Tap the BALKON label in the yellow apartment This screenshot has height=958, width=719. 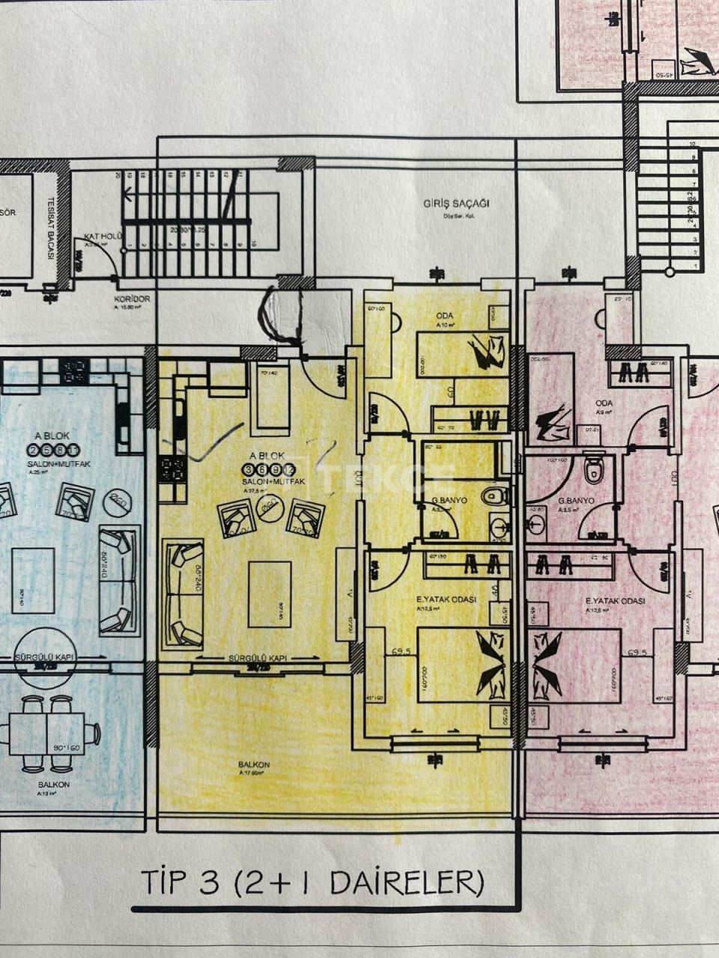click(x=255, y=764)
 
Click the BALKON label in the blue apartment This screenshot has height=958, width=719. click(x=54, y=784)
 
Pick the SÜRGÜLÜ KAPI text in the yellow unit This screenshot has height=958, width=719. click(x=258, y=658)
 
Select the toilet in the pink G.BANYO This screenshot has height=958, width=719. click(x=595, y=469)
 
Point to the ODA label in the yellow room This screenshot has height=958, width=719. click(x=445, y=316)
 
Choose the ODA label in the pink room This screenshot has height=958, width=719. click(x=604, y=403)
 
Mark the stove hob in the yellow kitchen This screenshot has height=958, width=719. click(x=172, y=470)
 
